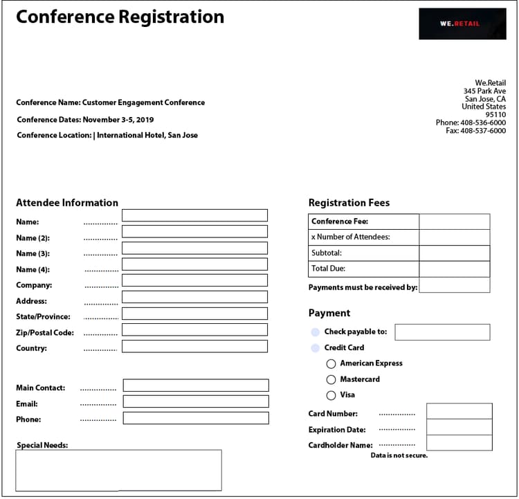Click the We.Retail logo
point(462,24)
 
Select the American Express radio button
point(331,363)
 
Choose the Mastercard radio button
point(331,379)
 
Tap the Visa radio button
point(331,395)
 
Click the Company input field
point(194,280)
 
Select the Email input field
point(196,401)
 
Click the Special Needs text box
point(118,470)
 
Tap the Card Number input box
point(459,411)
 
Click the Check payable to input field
point(441,332)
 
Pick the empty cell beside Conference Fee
point(454,221)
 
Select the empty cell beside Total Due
point(454,269)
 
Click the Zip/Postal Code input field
point(194,330)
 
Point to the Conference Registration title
point(120,17)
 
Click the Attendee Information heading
point(67,203)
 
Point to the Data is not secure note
point(399,455)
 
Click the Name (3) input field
point(194,248)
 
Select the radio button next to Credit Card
point(316,348)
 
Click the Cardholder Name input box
point(459,443)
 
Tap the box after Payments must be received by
point(454,285)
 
